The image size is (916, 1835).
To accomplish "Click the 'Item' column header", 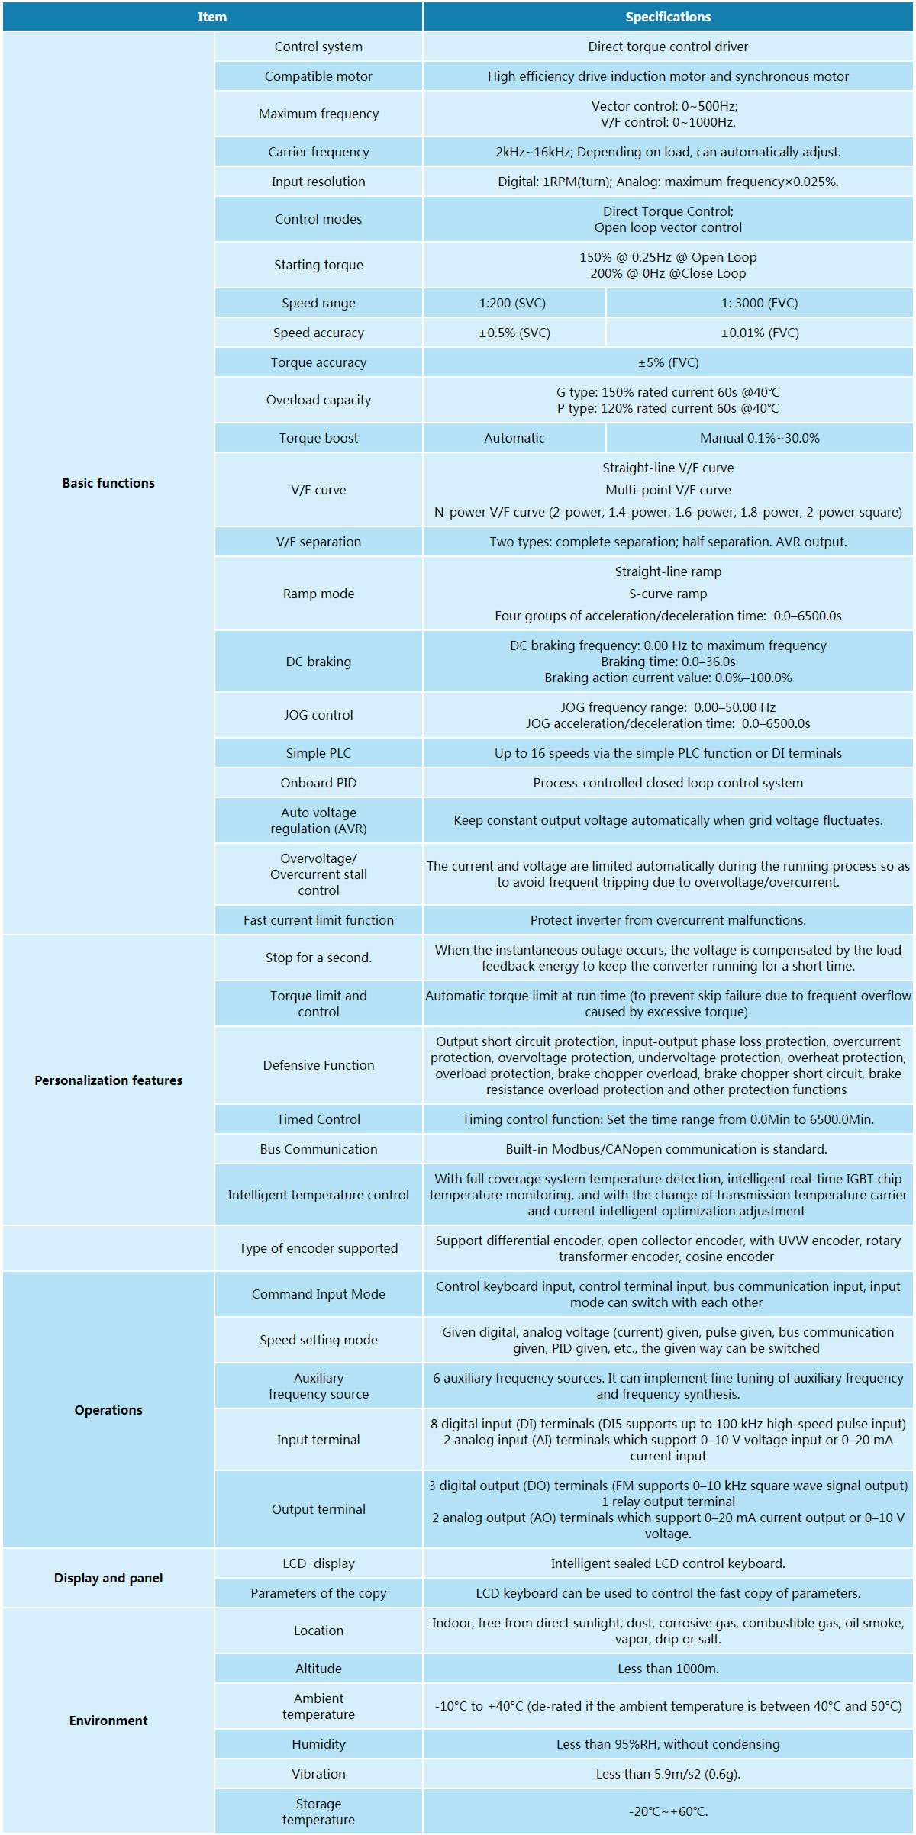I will (x=212, y=17).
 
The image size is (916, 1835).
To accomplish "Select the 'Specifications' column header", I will (x=668, y=17).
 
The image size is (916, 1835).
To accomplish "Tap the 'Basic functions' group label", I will (x=108, y=483).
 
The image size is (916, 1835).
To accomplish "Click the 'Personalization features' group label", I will (x=108, y=1080).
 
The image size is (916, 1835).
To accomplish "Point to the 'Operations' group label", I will (x=108, y=1410).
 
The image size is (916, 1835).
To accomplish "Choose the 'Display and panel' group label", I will (x=108, y=1578).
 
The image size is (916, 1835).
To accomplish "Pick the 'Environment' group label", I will (x=108, y=1721).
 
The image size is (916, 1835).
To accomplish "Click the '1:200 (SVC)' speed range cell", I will (x=513, y=303).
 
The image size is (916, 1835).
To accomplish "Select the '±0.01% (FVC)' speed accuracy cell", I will (x=760, y=333).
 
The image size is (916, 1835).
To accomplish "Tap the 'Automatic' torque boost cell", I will (x=514, y=438).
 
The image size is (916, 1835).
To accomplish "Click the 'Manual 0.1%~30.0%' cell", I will (x=760, y=438).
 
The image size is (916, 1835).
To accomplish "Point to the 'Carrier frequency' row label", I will (x=318, y=152).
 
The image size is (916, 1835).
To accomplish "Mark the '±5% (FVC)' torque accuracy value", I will (x=668, y=362).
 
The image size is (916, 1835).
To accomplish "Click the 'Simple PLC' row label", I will (x=318, y=753).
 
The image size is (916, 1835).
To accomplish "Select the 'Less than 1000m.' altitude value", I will (x=668, y=1669).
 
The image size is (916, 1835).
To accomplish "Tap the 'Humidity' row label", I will (x=318, y=1744).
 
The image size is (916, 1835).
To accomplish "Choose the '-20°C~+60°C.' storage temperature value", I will (x=668, y=1811).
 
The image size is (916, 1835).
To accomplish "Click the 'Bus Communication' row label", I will (x=318, y=1149).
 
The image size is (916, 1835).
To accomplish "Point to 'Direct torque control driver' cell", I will (x=668, y=47).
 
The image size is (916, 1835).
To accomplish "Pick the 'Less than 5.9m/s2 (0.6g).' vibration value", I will (x=668, y=1774).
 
